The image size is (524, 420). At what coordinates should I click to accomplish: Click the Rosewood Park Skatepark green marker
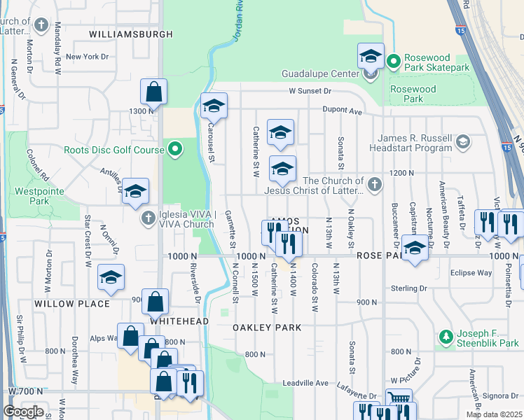point(394,62)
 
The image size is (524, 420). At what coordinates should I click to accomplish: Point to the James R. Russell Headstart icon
point(462,143)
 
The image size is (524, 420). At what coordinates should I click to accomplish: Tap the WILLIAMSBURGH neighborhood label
point(131,34)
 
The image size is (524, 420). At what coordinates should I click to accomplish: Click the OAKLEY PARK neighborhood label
point(268,328)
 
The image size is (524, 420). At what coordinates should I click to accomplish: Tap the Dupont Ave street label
point(342,110)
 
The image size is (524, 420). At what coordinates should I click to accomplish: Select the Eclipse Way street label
point(471,273)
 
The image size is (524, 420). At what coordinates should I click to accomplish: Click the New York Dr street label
point(87,57)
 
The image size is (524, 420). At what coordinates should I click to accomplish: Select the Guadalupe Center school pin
point(371,56)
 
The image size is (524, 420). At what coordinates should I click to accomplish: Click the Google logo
point(23,412)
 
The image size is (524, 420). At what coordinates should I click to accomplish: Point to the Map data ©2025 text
point(493,414)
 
